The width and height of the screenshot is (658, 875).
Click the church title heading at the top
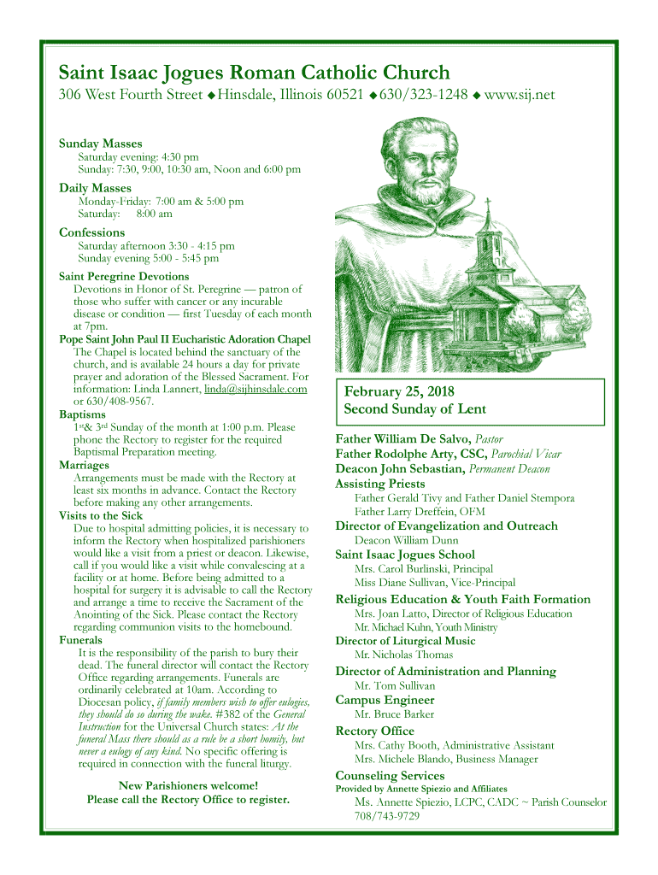click(254, 73)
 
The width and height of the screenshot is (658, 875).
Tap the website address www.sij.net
click(520, 94)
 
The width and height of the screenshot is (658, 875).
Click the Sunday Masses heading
click(100, 144)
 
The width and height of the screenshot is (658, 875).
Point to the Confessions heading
click(91, 232)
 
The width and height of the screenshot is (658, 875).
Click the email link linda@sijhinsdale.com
click(256, 389)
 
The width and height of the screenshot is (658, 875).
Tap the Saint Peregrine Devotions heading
click(124, 276)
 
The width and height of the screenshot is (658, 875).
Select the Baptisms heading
click(82, 414)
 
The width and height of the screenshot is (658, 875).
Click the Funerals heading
click(80, 639)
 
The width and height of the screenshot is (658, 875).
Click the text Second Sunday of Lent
click(414, 409)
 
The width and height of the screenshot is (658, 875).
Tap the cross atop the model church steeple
click(488, 203)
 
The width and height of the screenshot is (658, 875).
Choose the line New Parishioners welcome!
click(188, 785)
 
